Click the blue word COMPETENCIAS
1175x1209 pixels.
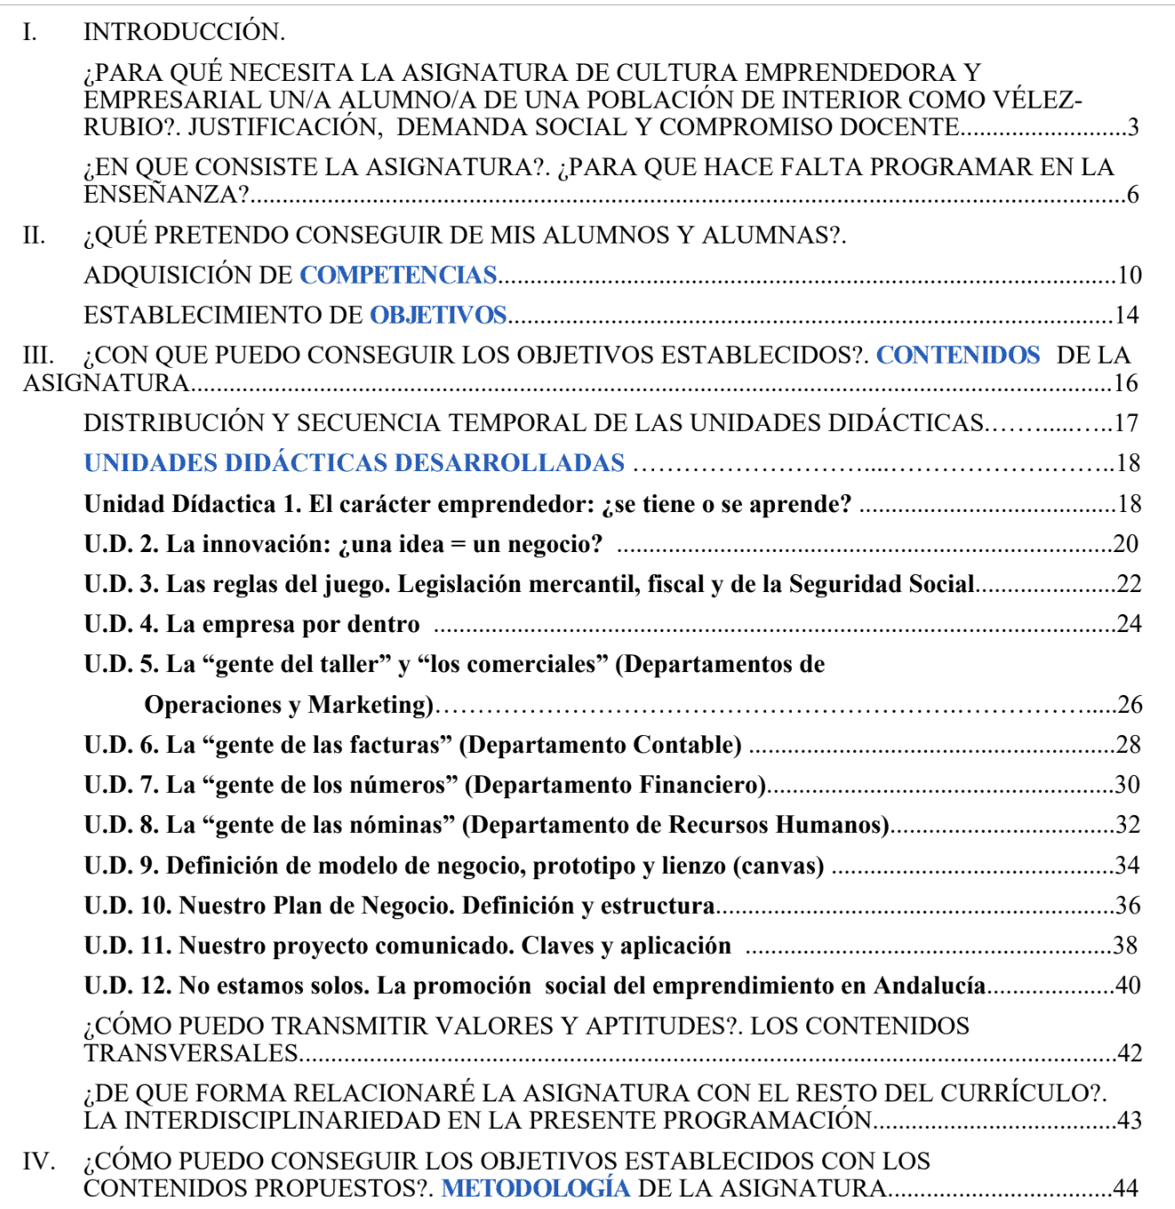tap(397, 276)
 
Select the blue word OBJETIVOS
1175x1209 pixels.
tap(437, 316)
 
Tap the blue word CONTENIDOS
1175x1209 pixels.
tap(957, 356)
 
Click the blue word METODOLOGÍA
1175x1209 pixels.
tap(535, 1189)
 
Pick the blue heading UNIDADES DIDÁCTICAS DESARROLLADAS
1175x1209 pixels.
tap(354, 463)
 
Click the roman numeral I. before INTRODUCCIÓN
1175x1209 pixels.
tap(29, 32)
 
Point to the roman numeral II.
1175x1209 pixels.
tap(34, 236)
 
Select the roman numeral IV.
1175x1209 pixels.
tap(38, 1161)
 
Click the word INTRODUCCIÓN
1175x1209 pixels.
tap(184, 32)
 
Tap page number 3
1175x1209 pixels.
tap(1132, 128)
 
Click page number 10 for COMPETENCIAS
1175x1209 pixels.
tap(1129, 276)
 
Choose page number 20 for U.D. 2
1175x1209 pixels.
tap(1125, 544)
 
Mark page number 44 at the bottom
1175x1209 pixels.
tap(1125, 1189)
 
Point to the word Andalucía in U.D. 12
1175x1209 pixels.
tap(930, 986)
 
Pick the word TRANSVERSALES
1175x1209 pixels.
tap(191, 1053)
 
